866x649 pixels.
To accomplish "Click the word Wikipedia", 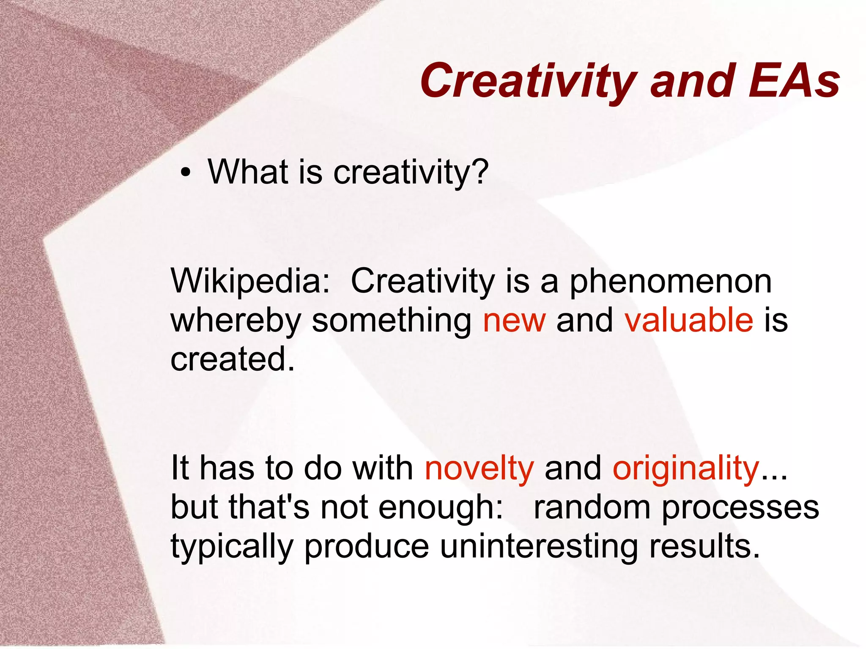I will (x=249, y=282).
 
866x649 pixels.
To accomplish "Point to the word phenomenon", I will (x=671, y=282).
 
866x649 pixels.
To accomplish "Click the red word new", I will (x=514, y=320).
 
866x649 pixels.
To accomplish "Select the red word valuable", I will (x=689, y=320).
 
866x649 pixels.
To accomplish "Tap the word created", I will (x=232, y=359).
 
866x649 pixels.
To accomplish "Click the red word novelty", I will (x=479, y=468).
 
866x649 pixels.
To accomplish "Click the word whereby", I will (x=236, y=320).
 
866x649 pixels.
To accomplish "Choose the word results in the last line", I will (x=704, y=546).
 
